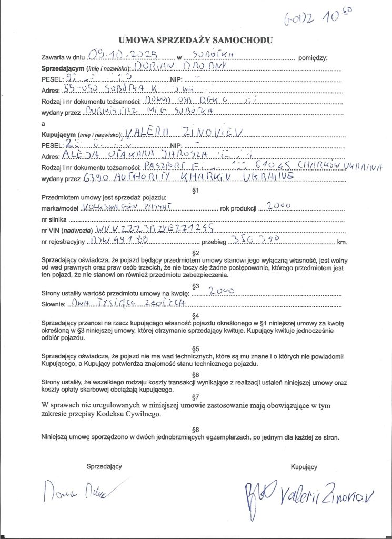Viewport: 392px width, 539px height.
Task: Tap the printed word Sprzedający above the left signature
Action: click(x=104, y=466)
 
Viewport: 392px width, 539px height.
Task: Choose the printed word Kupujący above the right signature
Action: click(x=304, y=466)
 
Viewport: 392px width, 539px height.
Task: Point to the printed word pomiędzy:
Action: click(x=313, y=57)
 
